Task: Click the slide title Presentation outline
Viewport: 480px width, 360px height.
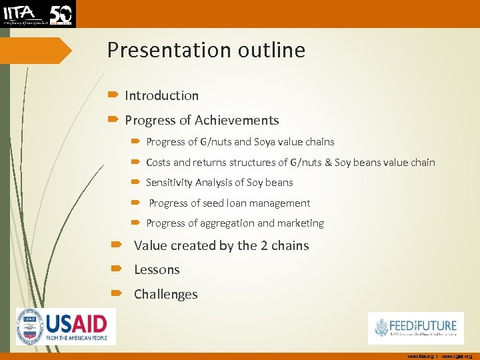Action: coord(206,51)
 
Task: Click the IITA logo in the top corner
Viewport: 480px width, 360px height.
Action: coord(38,13)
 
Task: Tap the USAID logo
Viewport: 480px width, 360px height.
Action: coord(66,327)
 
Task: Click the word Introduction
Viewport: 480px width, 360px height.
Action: coord(161,96)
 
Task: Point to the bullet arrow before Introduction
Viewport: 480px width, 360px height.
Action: coord(112,96)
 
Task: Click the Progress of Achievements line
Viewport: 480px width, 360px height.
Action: coord(201,121)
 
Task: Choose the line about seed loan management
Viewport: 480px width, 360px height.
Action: coord(229,203)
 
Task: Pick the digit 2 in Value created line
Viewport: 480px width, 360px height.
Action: coord(264,245)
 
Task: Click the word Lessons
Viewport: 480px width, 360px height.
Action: coord(157,270)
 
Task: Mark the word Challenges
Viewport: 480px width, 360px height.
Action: coord(165,295)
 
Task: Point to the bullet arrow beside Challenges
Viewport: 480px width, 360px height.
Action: coord(117,294)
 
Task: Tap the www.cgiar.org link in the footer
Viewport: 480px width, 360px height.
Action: coord(457,357)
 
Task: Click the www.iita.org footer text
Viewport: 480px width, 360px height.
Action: coord(421,357)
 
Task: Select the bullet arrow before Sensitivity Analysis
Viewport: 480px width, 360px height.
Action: coord(135,183)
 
